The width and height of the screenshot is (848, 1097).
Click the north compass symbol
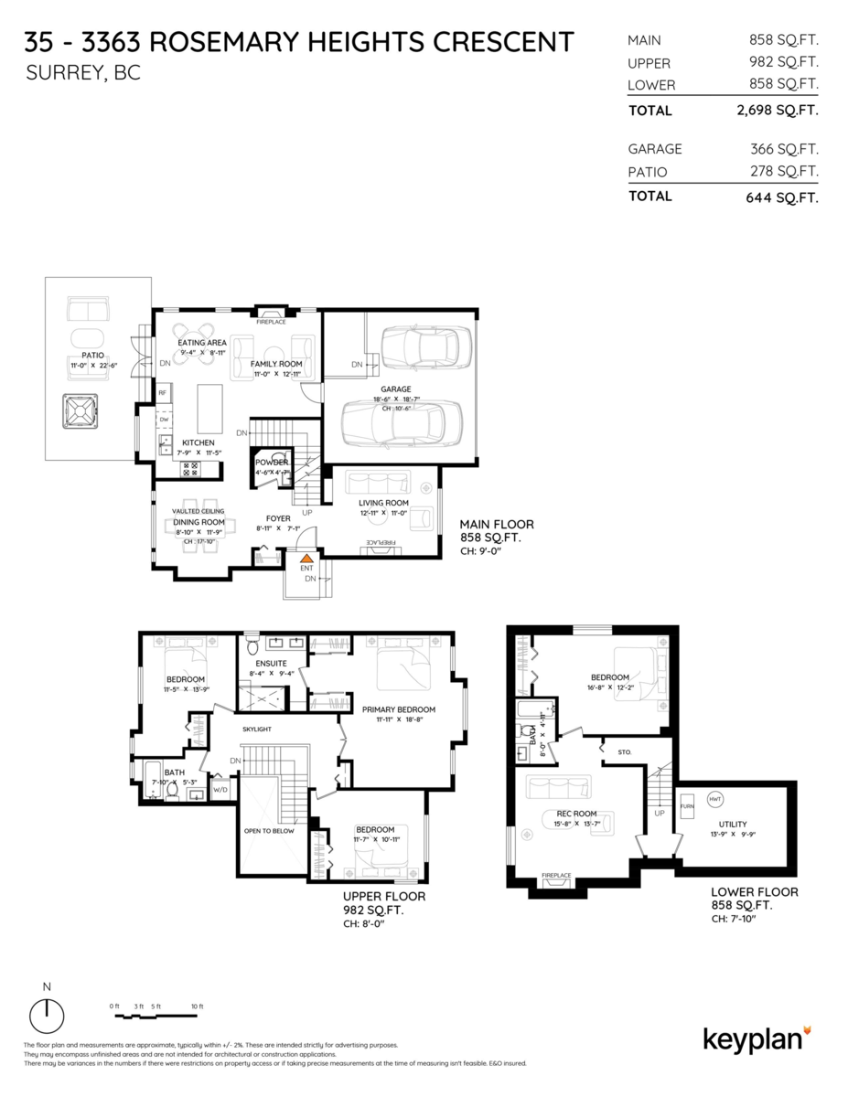tap(48, 1016)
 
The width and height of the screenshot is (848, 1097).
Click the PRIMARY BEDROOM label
tap(398, 708)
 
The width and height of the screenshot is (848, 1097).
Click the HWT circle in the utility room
tap(715, 799)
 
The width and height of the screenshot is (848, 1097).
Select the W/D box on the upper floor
tap(220, 789)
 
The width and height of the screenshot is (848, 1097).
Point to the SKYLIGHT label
tap(257, 730)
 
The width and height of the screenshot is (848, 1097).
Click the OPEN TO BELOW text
tap(269, 831)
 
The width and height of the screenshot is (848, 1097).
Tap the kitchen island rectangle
tap(210, 409)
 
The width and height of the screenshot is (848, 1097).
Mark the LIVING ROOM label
tap(383, 503)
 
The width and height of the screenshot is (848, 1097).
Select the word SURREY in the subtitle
tap(63, 74)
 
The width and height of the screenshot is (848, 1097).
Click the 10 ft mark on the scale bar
tap(197, 1006)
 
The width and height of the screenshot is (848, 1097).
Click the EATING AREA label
tap(202, 343)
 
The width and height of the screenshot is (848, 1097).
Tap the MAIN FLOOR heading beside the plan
tap(496, 525)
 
